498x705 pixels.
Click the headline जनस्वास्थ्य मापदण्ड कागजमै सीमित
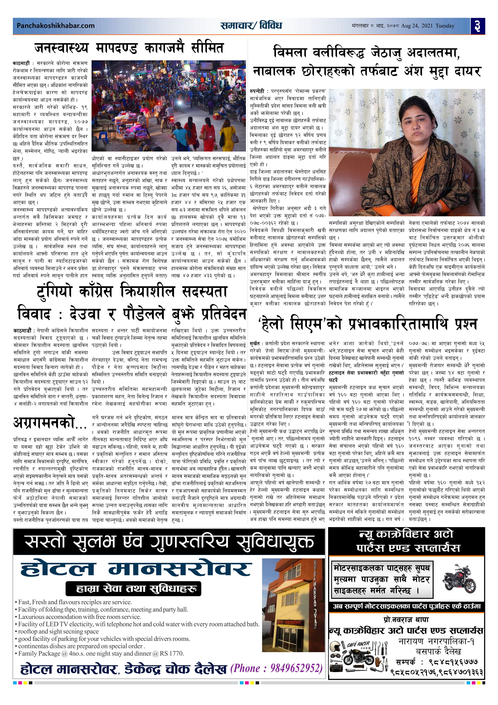[x=129, y=48]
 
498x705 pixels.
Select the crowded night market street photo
[x=169, y=106]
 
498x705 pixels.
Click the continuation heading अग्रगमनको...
[x=49, y=423]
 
